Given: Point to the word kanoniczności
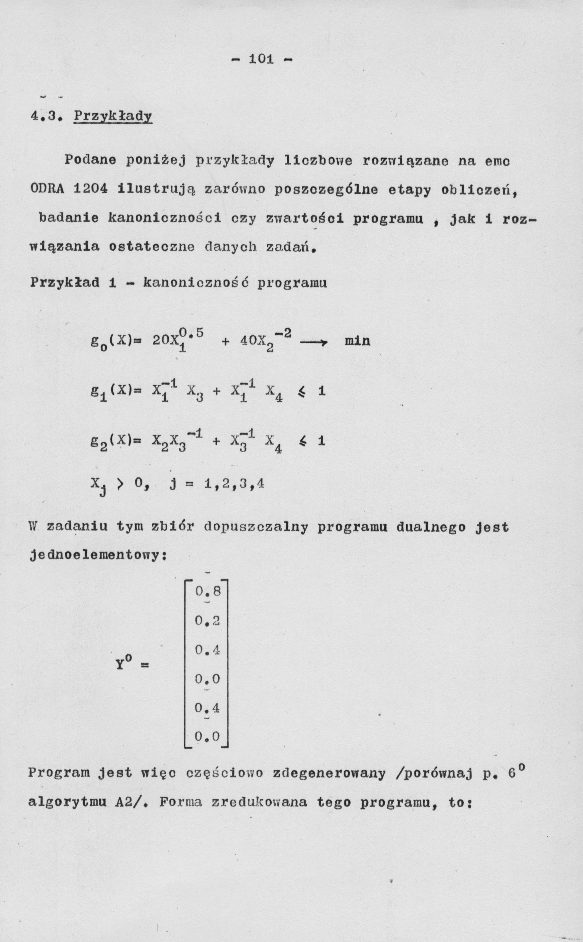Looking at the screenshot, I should click(x=165, y=218).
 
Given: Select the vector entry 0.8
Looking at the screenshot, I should click(x=207, y=591).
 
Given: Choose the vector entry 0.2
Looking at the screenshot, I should click(x=207, y=621).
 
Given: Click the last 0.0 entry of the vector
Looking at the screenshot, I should click(x=207, y=737).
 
